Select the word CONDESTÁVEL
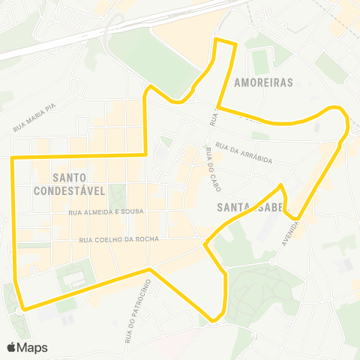[69, 190]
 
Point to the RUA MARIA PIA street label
[35, 118]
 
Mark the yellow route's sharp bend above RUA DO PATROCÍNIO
[150, 268]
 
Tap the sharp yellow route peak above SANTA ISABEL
[280, 184]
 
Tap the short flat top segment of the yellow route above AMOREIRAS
[226, 41]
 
